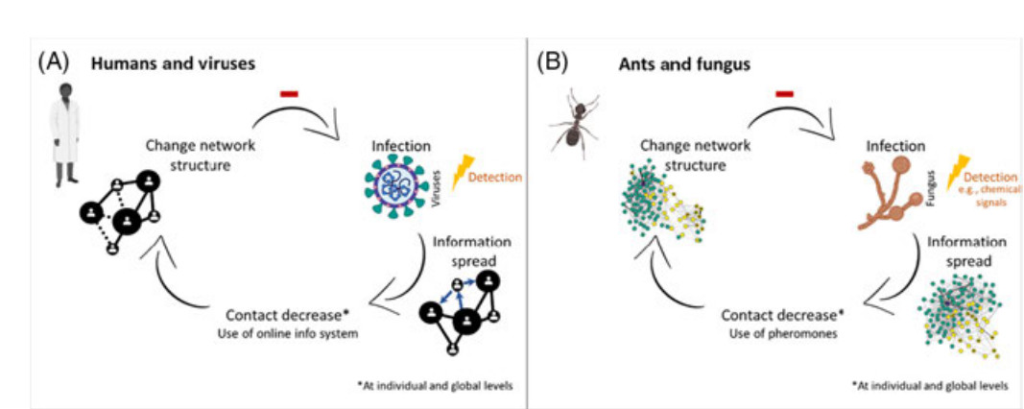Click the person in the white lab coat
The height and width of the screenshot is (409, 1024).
(x=65, y=133)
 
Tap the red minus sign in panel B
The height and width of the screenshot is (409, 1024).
(x=784, y=94)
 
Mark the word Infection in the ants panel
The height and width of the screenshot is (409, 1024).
(x=894, y=146)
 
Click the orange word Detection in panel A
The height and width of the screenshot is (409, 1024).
(x=497, y=178)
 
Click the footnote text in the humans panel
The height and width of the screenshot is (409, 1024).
(x=433, y=384)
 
